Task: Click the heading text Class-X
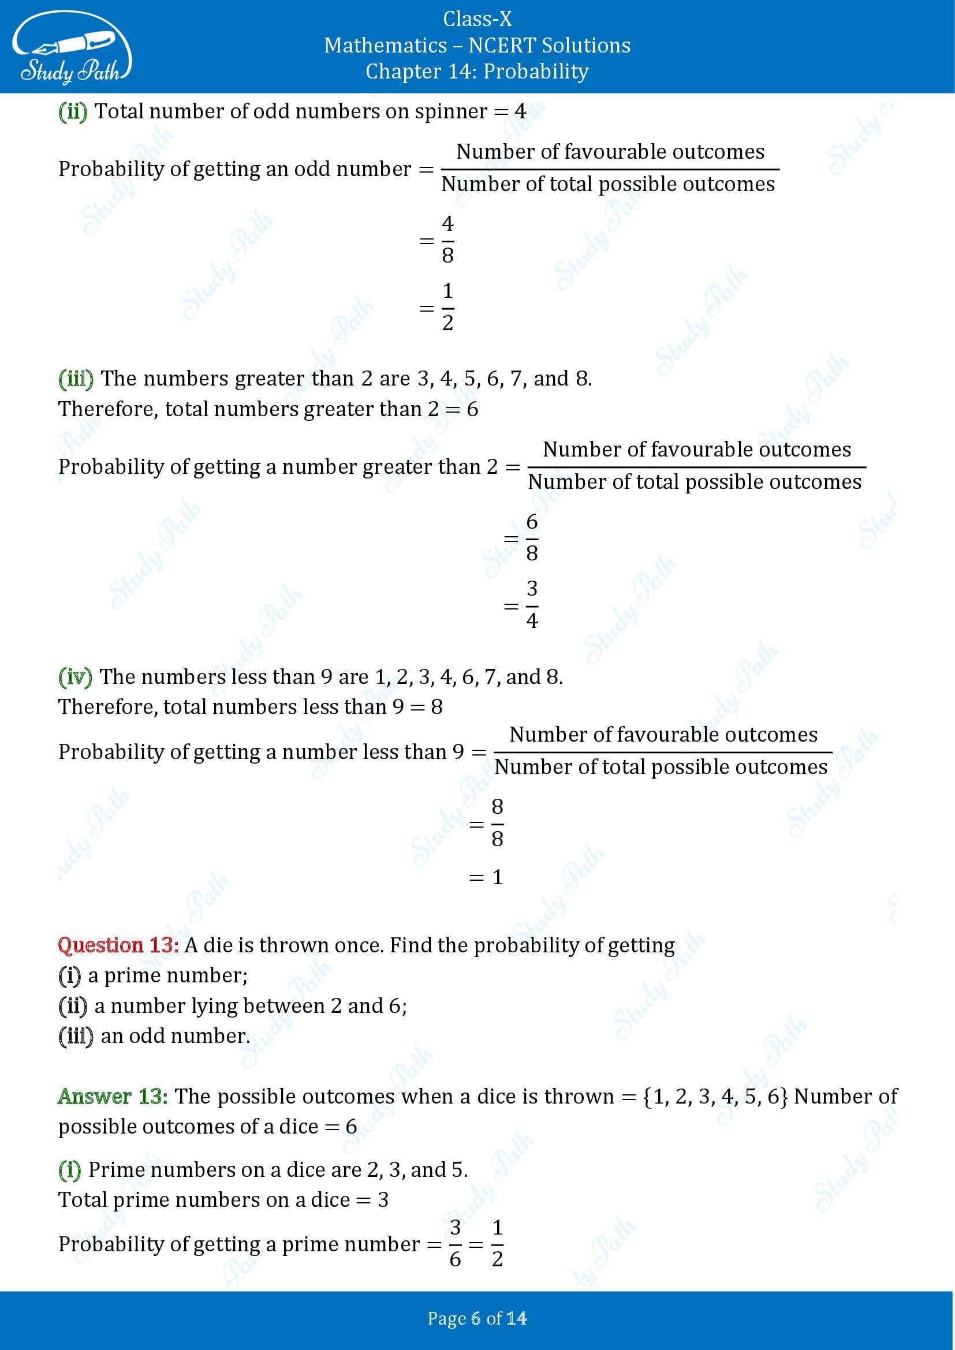click(x=477, y=20)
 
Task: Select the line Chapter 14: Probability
click(x=477, y=72)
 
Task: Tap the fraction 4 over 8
click(x=447, y=240)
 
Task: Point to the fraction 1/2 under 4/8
click(x=447, y=307)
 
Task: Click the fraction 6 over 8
click(x=532, y=537)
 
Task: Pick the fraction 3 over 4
click(x=532, y=604)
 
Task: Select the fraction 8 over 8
click(x=497, y=822)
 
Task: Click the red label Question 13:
click(x=118, y=945)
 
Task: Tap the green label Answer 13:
click(x=113, y=1097)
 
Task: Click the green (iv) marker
click(x=75, y=678)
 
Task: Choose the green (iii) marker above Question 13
click(x=76, y=379)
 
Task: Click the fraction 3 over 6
click(x=454, y=1244)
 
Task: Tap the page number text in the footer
click(x=477, y=1318)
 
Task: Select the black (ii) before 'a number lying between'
click(x=73, y=1006)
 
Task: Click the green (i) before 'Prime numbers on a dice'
click(x=69, y=1170)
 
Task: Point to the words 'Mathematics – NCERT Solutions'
click(x=477, y=46)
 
